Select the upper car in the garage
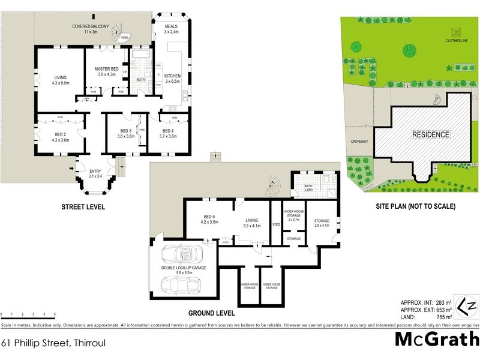[187, 256]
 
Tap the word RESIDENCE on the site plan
[430, 134]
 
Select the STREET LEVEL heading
[83, 207]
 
